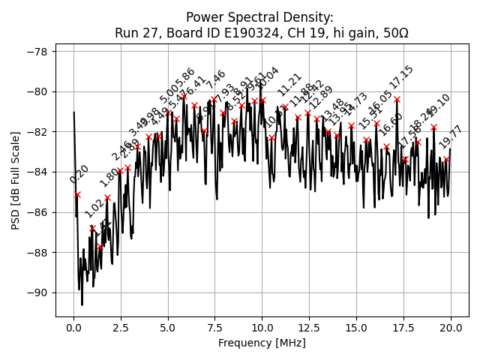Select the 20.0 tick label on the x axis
(451, 328)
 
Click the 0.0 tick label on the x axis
(73, 328)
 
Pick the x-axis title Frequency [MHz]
(262, 343)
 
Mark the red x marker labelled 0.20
(77, 194)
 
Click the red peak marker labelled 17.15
(397, 99)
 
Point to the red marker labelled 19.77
(446, 159)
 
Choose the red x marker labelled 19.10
(433, 127)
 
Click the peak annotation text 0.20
(79, 174)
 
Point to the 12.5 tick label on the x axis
(309, 328)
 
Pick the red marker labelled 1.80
(107, 197)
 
